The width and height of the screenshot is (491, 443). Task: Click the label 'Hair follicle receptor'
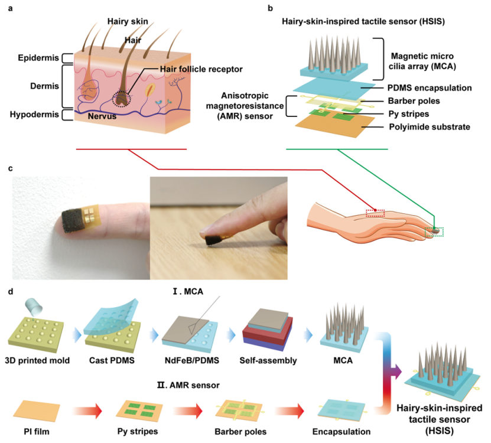pyautogui.click(x=201, y=69)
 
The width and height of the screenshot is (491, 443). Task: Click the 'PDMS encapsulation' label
pyautogui.click(x=422, y=88)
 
